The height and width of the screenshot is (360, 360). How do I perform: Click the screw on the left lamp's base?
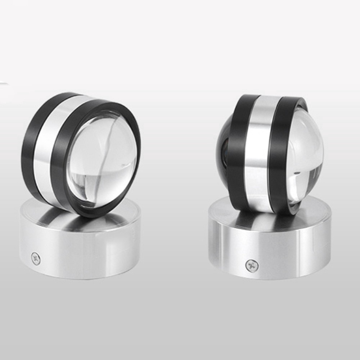(35, 257)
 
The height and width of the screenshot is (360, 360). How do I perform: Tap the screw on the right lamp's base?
(252, 266)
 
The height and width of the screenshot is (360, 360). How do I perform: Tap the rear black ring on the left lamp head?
(29, 144)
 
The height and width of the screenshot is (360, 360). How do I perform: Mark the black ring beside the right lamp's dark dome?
(236, 151)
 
